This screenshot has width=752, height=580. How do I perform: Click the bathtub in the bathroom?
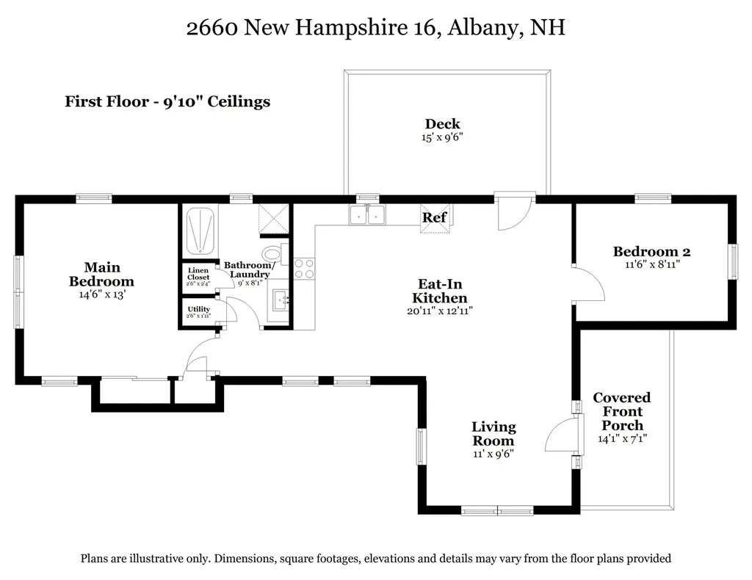[199, 230]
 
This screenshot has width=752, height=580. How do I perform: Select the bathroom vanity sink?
[278, 301]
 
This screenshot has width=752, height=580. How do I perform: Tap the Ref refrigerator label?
[434, 217]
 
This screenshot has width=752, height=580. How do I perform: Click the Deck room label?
[442, 124]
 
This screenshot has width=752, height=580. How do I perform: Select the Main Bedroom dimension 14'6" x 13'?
[101, 294]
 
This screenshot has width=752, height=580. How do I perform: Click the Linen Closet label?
[198, 274]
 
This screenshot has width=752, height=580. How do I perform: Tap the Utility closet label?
[198, 309]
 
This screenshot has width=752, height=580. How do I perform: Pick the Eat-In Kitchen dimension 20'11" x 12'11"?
[440, 311]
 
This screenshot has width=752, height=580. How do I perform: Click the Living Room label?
[493, 433]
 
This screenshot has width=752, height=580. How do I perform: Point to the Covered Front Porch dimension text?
[622, 439]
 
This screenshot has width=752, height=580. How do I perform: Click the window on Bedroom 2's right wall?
[732, 261]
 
